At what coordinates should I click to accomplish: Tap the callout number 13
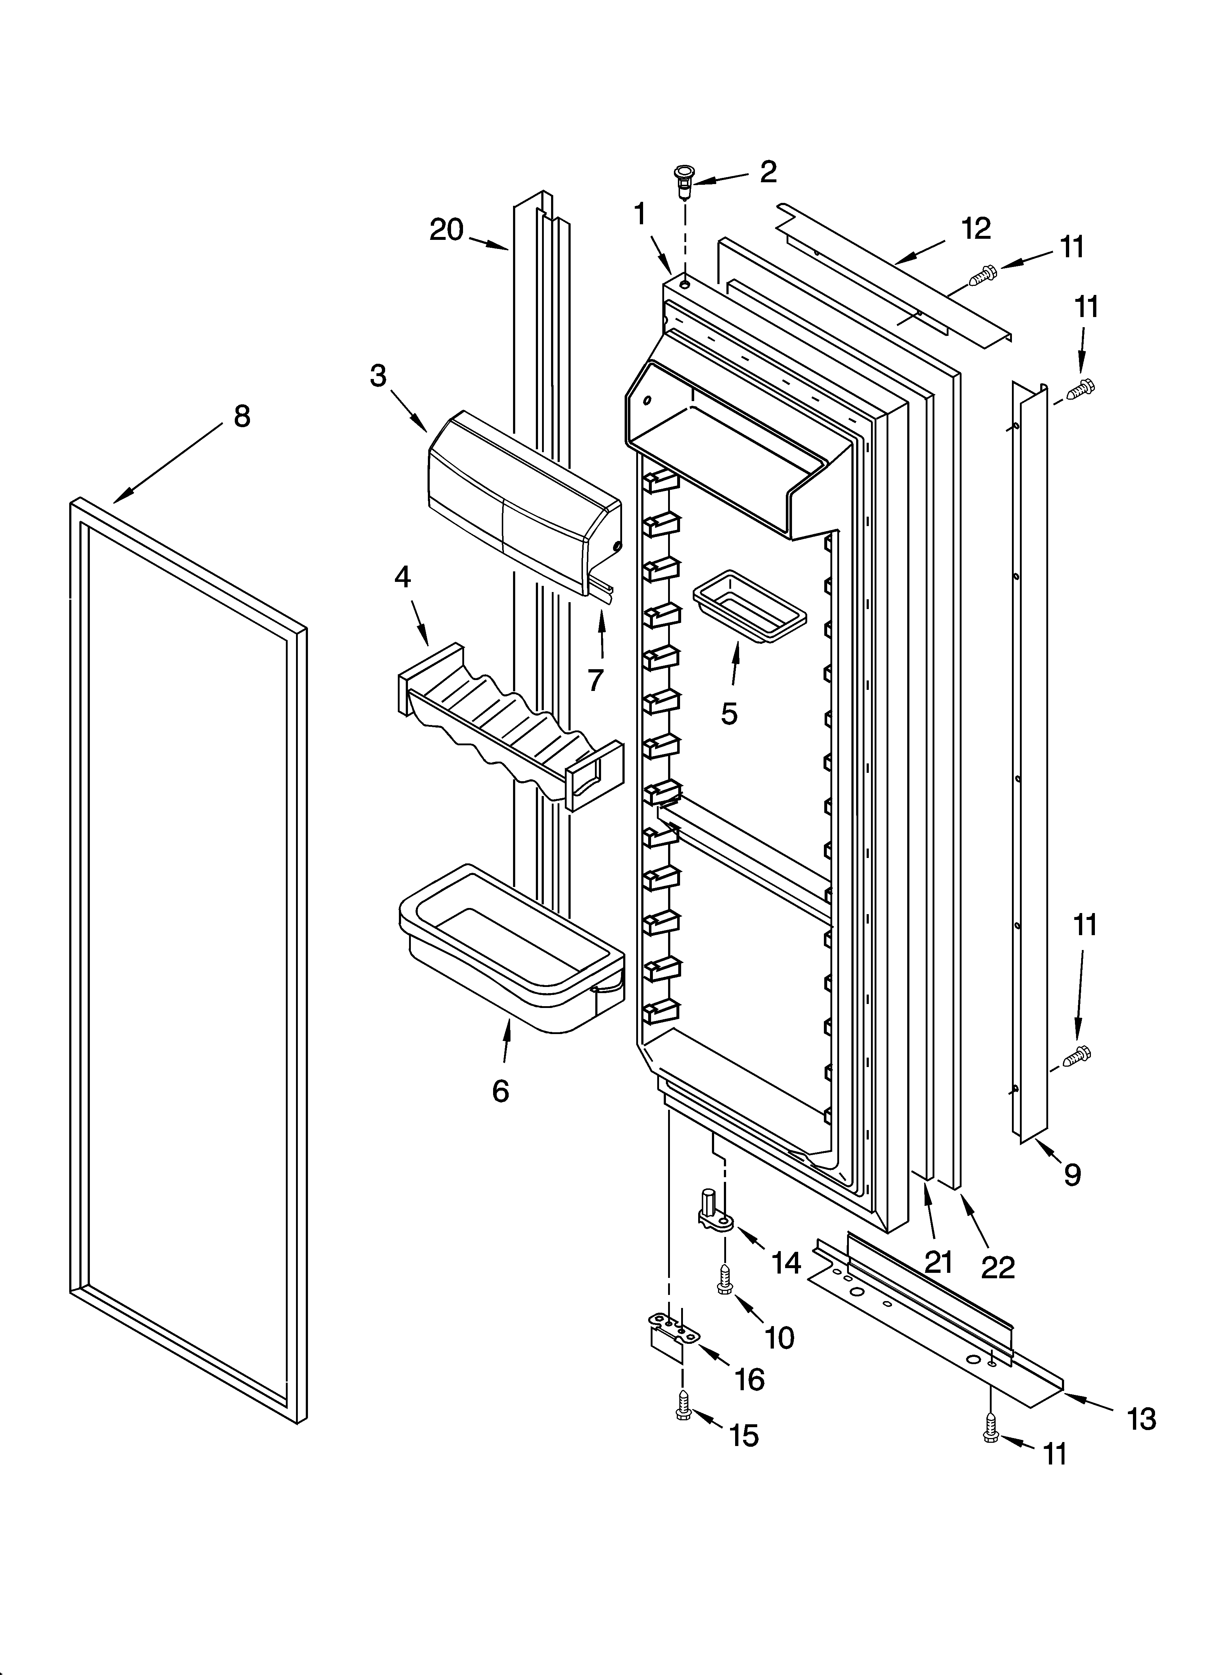1141,1419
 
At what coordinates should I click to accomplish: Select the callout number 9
1072,1174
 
